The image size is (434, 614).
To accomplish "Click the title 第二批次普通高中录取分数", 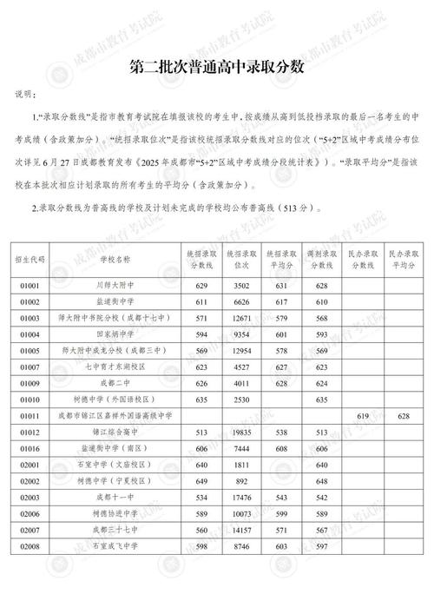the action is coord(216,66).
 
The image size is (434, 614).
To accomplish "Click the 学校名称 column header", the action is coord(115,259).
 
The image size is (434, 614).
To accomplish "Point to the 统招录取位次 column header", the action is coord(242,259).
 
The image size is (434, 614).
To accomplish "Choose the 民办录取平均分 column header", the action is coord(403,259).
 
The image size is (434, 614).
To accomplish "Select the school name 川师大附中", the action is coord(115,284).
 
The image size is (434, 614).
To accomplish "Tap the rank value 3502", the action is coord(242,284).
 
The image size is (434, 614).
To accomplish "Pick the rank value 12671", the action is coord(242,317).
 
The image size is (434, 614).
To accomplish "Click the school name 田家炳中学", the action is coord(115,333).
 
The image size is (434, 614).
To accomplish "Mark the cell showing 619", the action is coord(364,416).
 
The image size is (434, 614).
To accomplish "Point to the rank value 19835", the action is coord(242,432).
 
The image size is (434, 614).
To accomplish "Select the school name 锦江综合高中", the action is coord(115,432).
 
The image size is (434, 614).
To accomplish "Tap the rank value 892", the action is coord(242,482).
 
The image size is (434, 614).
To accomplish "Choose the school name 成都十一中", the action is coord(115,498).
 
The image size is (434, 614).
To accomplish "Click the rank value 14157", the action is coord(242,531).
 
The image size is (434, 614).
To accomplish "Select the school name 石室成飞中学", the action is coord(115,548).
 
